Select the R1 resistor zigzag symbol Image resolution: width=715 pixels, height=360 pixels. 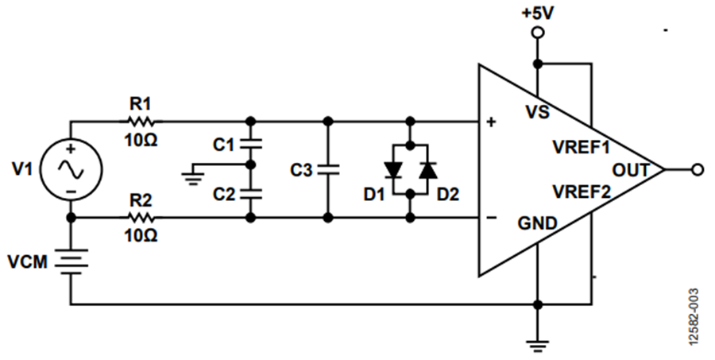tap(141, 122)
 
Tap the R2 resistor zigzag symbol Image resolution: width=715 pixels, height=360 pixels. tap(141, 218)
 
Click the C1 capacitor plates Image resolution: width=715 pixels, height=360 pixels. tap(250, 144)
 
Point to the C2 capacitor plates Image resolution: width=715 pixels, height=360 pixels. tap(250, 194)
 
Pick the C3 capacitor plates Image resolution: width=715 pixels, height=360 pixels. tap(327, 170)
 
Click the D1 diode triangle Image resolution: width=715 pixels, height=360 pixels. tap(392, 170)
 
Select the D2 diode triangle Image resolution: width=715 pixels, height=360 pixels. tap(428, 170)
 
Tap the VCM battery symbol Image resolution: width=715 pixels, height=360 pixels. tap(71, 261)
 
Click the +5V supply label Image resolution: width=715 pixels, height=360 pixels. tap(538, 14)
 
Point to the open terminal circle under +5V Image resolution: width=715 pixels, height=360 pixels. tap(538, 33)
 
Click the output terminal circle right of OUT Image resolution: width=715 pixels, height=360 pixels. tap(698, 170)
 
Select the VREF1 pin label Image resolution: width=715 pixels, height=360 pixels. tap(582, 147)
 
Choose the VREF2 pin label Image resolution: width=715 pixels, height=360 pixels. tap(582, 192)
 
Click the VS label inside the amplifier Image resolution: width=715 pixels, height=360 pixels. tap(538, 112)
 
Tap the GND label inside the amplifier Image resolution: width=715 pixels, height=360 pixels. tap(537, 223)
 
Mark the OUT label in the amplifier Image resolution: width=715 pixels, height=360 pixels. tap(630, 170)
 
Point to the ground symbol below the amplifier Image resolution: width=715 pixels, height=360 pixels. tap(538, 346)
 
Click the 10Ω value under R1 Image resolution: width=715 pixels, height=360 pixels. tap(141, 140)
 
